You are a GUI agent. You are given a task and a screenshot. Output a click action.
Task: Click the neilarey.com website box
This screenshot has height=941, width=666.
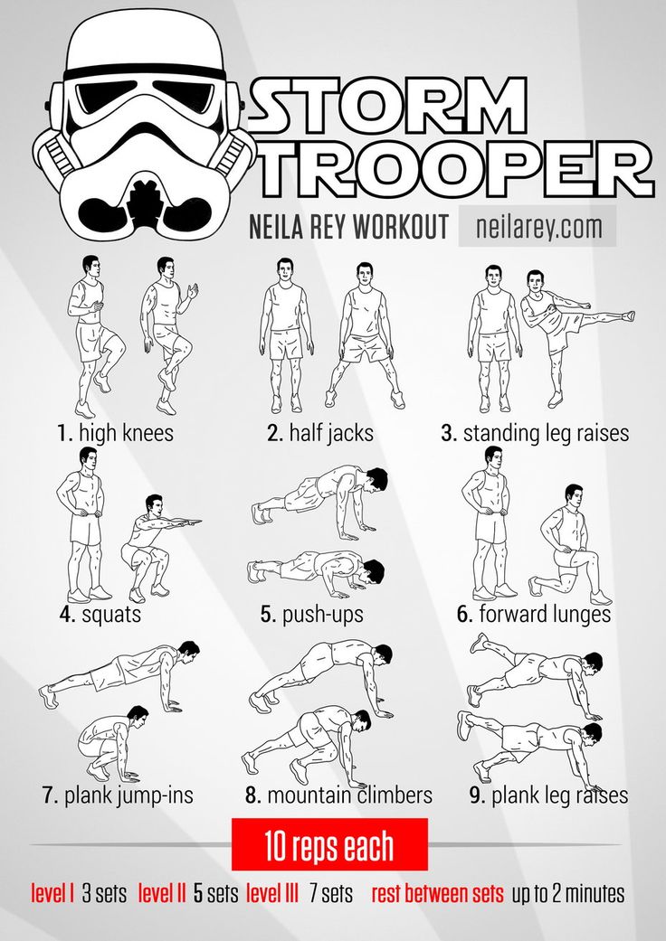(x=537, y=226)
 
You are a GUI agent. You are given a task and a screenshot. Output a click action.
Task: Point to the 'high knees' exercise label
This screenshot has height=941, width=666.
(x=114, y=433)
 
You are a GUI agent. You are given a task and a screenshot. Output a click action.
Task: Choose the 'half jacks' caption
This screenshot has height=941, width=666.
(x=320, y=433)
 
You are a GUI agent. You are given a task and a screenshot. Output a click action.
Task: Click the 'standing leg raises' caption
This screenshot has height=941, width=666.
(x=535, y=433)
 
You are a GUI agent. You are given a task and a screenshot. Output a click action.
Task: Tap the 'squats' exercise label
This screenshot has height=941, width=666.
(x=100, y=615)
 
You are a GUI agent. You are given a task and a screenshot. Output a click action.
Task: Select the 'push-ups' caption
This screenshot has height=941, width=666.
(x=312, y=615)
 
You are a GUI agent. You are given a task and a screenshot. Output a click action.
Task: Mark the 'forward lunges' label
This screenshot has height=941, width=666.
(x=534, y=615)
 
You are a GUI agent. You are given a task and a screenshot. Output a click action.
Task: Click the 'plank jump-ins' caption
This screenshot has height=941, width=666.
(x=118, y=796)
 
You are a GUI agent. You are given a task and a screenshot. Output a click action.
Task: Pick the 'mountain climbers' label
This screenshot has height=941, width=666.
(x=338, y=796)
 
